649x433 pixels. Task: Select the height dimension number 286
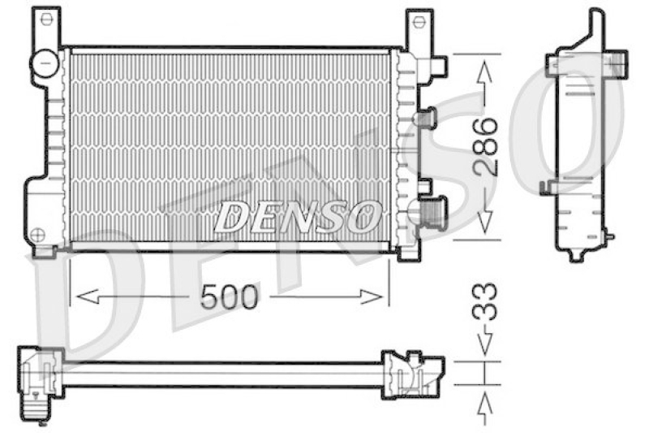click(484, 147)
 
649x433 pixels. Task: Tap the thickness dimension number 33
click(484, 302)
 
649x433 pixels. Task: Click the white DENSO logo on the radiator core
click(297, 216)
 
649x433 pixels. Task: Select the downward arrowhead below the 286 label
click(484, 224)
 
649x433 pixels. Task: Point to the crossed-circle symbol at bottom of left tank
click(37, 235)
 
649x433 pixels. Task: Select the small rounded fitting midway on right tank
click(423, 119)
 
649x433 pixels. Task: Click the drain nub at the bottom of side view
click(575, 256)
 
